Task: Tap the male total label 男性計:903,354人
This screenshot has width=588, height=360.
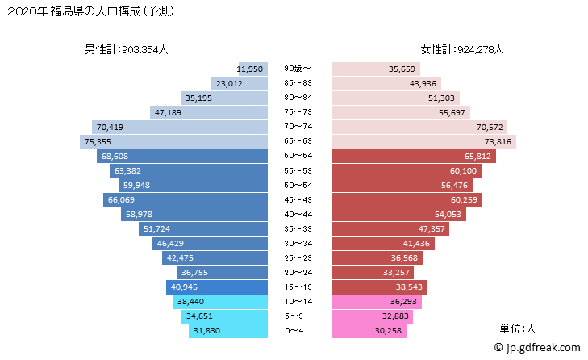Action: [127, 49]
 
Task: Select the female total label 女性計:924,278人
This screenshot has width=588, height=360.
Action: [461, 49]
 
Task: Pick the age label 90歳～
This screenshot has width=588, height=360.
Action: [298, 69]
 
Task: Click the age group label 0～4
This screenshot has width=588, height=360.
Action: [298, 330]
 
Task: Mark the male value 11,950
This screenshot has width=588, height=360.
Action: [252, 69]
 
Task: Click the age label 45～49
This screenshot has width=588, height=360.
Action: [298, 199]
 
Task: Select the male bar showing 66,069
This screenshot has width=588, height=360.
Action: [186, 199]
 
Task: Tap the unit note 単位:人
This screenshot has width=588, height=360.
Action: [519, 329]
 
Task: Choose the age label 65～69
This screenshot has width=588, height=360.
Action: [298, 141]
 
